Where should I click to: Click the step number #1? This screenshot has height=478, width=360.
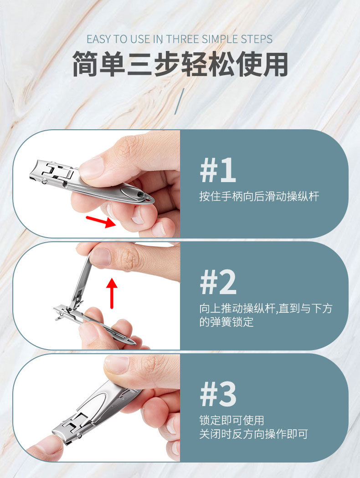coord(218,171)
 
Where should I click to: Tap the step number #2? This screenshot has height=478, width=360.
coord(218,283)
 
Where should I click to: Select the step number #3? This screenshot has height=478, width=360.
coord(218,394)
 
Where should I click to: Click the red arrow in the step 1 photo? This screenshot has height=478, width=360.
coord(101,222)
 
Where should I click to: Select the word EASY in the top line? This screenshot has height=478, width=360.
coord(99,39)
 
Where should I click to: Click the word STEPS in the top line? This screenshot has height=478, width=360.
coord(257,39)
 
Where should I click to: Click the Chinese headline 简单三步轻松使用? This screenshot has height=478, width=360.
coord(180,64)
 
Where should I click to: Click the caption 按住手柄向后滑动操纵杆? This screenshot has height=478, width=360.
coord(259,197)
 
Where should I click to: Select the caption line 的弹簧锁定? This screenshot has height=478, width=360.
coord(226,322)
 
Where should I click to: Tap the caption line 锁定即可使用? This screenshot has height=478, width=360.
coord(231,420)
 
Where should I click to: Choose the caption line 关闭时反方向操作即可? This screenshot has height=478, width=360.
coord(253,434)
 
